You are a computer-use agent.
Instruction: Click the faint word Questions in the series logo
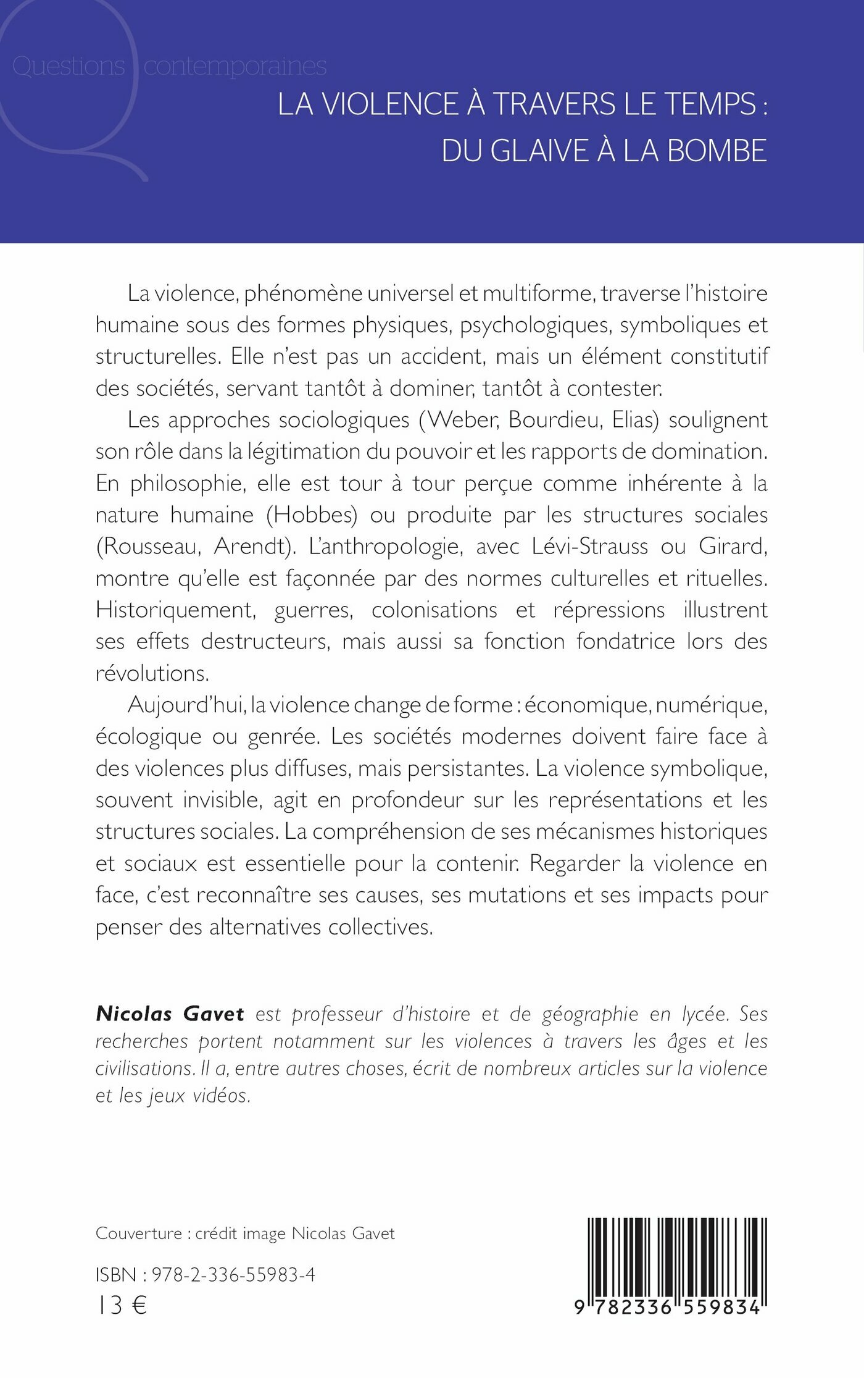69,66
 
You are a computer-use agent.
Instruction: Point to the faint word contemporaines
235,66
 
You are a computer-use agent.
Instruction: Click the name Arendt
252,547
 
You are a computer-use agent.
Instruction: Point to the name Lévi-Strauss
589,547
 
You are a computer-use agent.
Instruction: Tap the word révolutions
152,673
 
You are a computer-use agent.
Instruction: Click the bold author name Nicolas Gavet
170,1014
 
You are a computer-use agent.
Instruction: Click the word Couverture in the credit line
139,1234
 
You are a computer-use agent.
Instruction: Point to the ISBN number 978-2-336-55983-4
233,1274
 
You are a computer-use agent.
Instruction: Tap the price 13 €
122,1306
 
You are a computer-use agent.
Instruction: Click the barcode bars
677,1256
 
